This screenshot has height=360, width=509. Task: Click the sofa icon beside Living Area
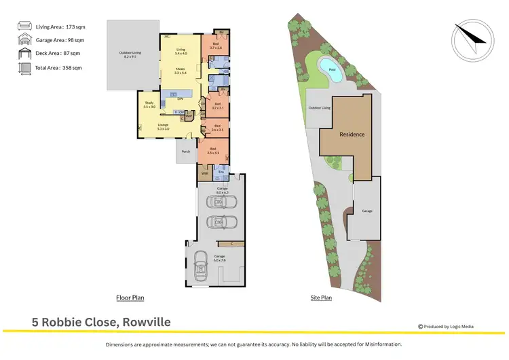click(x=24, y=26)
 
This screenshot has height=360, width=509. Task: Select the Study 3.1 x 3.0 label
click(x=149, y=105)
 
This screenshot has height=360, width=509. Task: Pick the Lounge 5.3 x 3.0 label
click(x=163, y=126)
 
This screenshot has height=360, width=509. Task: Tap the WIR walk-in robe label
click(x=204, y=174)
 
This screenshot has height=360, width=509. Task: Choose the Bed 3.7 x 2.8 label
click(x=216, y=46)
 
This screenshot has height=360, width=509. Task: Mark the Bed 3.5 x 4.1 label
click(x=213, y=151)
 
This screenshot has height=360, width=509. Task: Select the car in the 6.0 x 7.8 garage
click(x=200, y=267)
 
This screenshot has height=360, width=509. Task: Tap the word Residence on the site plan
click(x=352, y=134)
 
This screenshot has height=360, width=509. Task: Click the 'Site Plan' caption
click(x=321, y=298)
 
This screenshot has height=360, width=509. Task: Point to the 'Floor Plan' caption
click(x=129, y=298)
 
